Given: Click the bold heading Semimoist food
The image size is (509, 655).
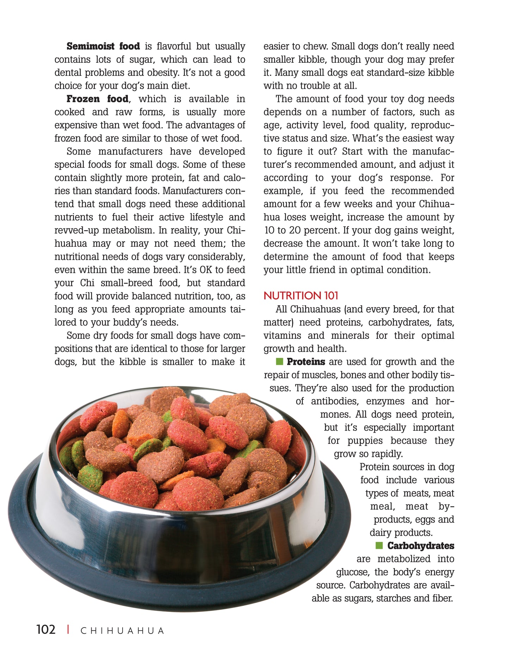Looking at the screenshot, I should pos(103,46).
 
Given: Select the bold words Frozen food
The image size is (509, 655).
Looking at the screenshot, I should pos(97,99).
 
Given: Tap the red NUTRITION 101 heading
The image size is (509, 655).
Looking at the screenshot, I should pos(301,295).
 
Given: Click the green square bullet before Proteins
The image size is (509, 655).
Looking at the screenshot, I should pos(279,361).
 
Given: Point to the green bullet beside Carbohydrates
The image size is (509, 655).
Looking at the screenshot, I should pos(379,545).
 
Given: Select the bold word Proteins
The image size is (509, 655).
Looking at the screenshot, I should pos(306,362).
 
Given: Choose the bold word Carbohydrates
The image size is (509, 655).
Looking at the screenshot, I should pos(421,546).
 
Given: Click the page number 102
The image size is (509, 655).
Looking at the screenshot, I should pos(46,629).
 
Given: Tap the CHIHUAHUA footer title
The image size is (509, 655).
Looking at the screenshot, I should pos(122,631).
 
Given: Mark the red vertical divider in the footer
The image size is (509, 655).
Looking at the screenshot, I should pos(68,629).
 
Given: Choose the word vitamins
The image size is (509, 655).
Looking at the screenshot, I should pos(282,335).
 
